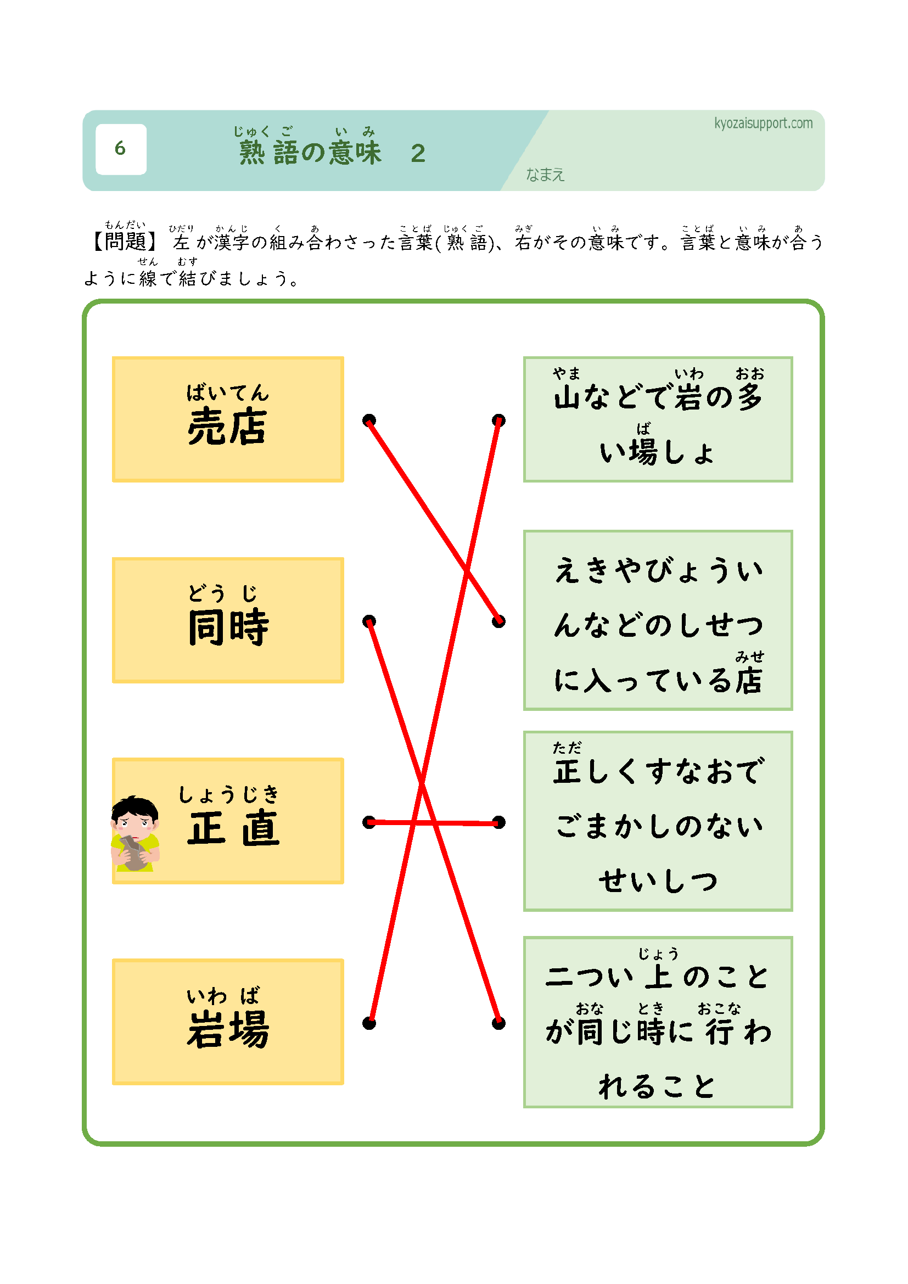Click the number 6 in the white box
point(120,148)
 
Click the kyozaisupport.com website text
point(763,123)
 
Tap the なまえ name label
point(545,175)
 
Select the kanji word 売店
point(227,427)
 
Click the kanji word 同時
point(228,627)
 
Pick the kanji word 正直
point(233,828)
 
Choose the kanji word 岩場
point(228,1029)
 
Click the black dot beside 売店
point(369,420)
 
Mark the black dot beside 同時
point(369,621)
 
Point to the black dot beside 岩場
point(369,1023)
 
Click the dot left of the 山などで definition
point(498,420)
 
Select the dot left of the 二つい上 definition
point(498,1023)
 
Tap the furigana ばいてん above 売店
point(228,393)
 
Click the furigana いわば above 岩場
point(223,996)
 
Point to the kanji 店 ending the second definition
point(749,681)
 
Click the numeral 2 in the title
point(418,154)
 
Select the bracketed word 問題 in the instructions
point(125,242)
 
